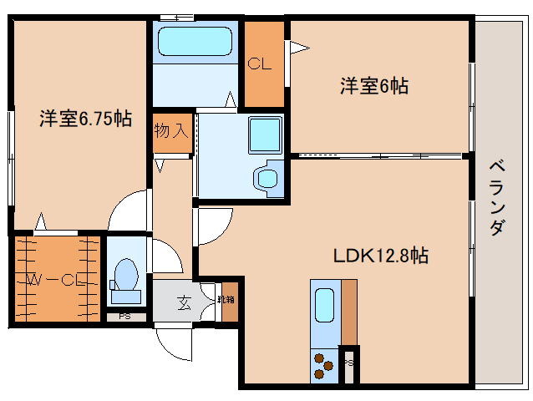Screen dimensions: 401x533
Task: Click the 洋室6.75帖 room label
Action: [x=84, y=119]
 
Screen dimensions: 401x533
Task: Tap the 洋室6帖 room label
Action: [x=373, y=85]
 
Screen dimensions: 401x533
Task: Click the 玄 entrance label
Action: [x=183, y=302]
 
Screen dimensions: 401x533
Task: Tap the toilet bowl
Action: [x=125, y=276]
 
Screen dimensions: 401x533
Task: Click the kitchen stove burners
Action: [x=322, y=363]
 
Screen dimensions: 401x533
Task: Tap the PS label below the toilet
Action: [x=124, y=317]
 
